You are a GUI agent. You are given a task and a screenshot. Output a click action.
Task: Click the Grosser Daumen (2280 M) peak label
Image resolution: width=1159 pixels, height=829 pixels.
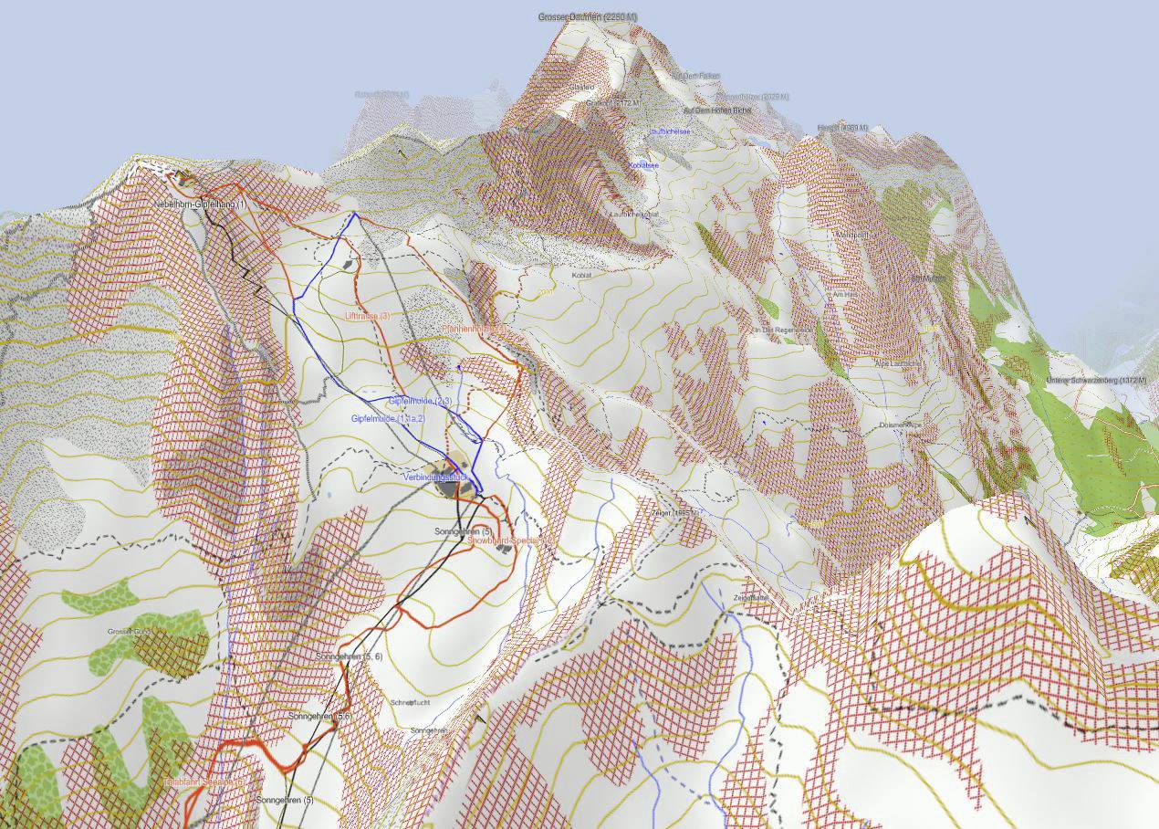[x=588, y=17]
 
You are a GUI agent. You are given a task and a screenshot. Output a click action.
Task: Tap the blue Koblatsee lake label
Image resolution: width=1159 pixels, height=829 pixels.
[x=642, y=165]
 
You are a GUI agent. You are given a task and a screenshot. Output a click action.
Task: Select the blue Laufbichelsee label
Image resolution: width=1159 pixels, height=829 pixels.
[x=668, y=131]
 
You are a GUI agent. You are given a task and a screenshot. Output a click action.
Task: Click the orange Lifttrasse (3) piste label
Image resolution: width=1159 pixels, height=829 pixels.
[x=368, y=316]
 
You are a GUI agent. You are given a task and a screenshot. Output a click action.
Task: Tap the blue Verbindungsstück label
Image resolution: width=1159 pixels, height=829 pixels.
[x=434, y=477]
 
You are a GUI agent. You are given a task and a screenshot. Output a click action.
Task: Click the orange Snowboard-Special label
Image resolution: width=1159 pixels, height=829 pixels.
[x=510, y=540]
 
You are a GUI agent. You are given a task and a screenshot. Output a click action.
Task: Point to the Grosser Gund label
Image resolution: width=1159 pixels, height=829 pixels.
[x=129, y=632]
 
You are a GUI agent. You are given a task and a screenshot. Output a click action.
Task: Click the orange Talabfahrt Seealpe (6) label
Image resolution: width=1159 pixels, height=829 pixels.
[x=204, y=782]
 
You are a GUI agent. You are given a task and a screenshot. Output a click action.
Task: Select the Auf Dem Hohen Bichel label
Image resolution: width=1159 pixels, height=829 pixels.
[x=717, y=110]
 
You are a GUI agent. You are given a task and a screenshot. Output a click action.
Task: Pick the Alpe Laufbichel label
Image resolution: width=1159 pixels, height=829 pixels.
[x=872, y=362]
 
